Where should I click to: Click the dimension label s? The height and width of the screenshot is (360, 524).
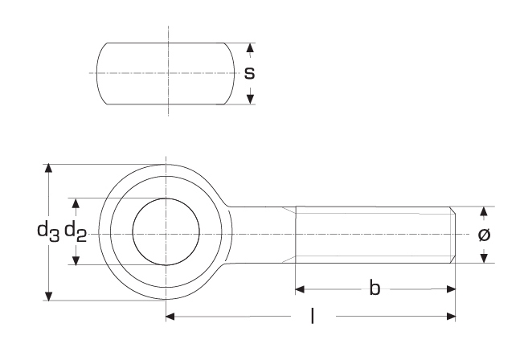tap(249, 73)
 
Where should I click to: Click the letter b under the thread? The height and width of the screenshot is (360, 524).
tap(375, 288)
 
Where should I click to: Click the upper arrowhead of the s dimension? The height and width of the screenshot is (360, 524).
tap(250, 48)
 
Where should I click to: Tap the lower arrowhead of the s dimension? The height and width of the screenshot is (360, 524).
tap(250, 98)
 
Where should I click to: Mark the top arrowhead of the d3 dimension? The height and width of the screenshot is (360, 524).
tap(50, 169)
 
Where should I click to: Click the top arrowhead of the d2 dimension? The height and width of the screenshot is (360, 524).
tap(77, 202)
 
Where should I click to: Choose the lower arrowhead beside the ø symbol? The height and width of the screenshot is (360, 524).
tap(484, 256)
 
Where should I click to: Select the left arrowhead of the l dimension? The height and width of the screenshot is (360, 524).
tap(171, 317)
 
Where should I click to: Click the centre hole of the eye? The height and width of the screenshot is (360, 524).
tap(166, 232)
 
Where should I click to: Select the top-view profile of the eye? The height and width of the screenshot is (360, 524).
tap(166, 73)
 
